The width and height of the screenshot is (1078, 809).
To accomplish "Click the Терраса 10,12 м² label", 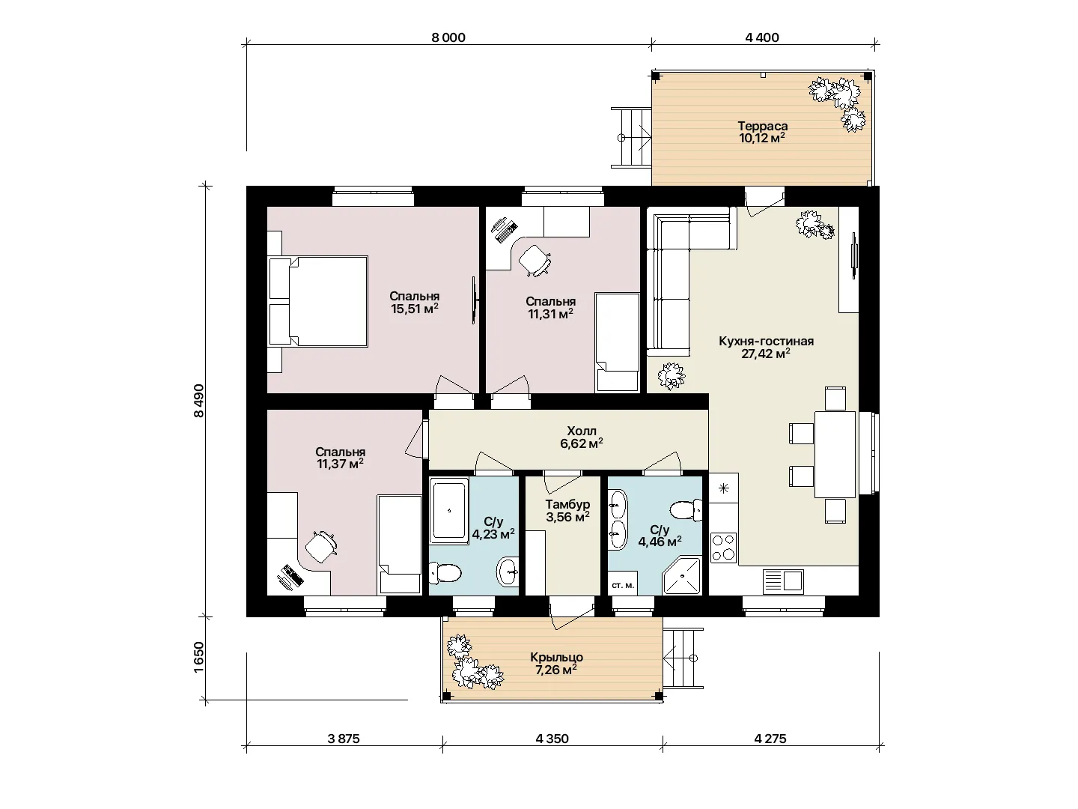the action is point(762,132).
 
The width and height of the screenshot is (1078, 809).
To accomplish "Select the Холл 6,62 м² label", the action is point(582,437).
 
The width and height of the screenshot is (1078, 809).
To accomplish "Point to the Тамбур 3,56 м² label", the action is point(567,510).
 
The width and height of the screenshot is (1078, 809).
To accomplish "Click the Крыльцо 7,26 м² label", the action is point(556,663).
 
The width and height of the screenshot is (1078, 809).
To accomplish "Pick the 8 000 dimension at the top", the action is point(448,37).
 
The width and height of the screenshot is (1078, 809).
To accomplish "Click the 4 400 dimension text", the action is point(762,37).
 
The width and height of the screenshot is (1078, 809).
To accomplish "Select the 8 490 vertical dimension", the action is point(198,400).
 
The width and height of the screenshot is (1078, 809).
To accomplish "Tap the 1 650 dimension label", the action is point(198,657).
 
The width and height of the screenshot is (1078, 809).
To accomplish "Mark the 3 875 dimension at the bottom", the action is point(344,739).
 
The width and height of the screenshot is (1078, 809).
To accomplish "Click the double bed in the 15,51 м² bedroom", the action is point(318,301).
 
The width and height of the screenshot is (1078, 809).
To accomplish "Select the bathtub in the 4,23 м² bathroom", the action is point(449,511).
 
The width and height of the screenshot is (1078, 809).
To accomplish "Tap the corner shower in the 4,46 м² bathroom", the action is point(681,575).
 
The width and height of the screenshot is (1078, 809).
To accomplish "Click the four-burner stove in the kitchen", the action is point(723,548).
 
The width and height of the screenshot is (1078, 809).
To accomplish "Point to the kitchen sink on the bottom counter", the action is point(783,581).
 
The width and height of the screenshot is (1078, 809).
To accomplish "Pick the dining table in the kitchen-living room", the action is point(835,455).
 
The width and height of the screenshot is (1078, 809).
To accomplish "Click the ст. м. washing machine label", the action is point(623,586).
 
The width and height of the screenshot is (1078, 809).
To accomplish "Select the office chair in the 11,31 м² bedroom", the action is point(535,260).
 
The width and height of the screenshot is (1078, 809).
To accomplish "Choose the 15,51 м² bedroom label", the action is point(415,303).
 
